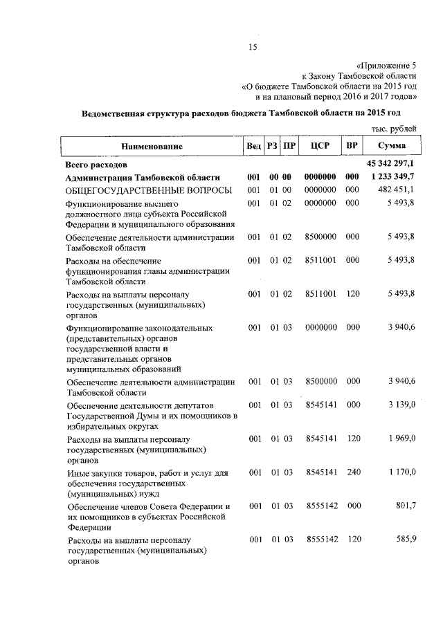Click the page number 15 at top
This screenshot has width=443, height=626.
253,47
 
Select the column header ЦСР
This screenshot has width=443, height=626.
320,146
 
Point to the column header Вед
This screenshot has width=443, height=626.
253,147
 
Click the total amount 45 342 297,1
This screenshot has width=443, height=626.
390,164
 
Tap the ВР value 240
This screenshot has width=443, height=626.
352,472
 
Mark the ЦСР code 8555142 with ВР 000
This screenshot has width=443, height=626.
320,506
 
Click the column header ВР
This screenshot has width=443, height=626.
352,146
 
